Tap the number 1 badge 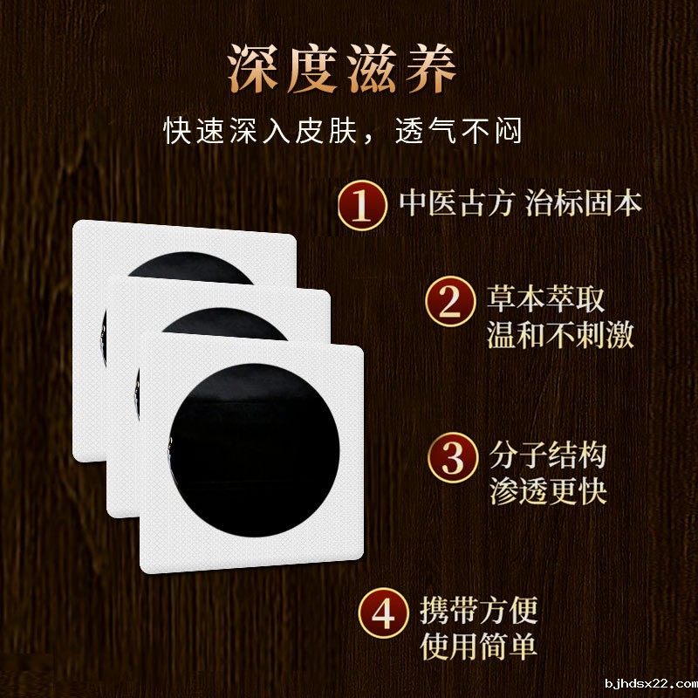(362, 206)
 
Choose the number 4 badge (384, 614)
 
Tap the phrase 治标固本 (585, 203)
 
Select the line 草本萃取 (545, 300)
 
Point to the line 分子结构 (545, 455)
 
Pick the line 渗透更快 (545, 491)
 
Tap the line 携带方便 (479, 610)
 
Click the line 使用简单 (479, 647)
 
